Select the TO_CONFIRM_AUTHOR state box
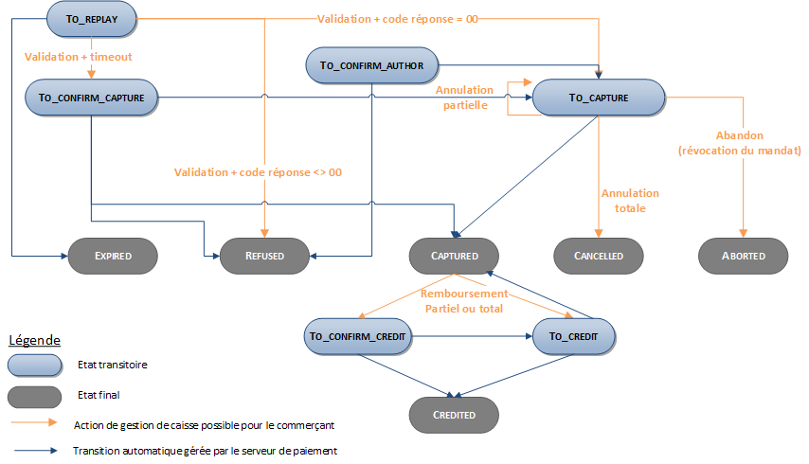point(371,65)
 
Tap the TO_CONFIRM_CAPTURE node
point(91,97)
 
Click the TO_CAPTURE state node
point(599,97)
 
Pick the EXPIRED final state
point(113,256)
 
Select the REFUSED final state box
point(264,256)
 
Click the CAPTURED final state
point(455,256)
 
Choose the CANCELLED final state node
point(599,256)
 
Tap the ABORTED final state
point(744,256)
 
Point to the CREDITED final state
point(455,414)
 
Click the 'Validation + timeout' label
point(78,57)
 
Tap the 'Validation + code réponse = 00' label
point(397,18)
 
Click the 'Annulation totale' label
point(629,200)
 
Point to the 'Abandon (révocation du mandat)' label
point(740,143)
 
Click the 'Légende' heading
point(35,340)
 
